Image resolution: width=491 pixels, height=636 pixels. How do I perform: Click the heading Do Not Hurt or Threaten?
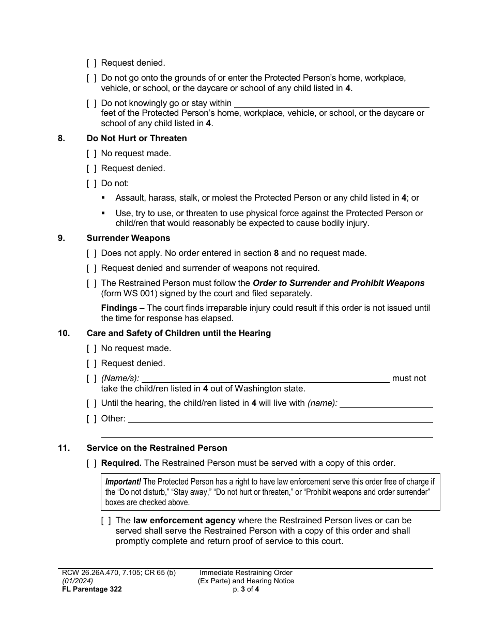point(136,138)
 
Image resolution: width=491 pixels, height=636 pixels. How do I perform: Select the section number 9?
point(61,238)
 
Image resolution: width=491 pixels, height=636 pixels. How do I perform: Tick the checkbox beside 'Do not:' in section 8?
point(91,184)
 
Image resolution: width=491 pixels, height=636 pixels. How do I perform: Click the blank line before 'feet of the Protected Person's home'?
point(331,104)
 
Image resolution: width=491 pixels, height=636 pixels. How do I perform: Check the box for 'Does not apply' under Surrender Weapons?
point(91,253)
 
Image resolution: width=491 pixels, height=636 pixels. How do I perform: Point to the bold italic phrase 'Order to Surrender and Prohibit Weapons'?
point(338,283)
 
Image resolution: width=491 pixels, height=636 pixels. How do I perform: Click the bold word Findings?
point(119,308)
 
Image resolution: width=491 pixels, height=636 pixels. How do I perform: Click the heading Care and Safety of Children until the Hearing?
point(178,334)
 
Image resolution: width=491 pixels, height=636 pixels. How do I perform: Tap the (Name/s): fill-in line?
point(265,379)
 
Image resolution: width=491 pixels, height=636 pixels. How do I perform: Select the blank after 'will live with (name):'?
point(386,404)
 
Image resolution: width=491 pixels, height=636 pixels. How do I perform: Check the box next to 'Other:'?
point(91,419)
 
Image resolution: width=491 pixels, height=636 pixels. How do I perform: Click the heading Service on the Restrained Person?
point(157,448)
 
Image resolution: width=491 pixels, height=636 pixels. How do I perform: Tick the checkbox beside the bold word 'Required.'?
point(91,463)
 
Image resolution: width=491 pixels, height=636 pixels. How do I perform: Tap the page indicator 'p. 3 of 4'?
point(246,589)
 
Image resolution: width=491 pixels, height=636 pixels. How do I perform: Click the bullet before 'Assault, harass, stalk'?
point(103,198)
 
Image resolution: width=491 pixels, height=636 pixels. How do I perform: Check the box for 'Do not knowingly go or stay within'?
point(91,103)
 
